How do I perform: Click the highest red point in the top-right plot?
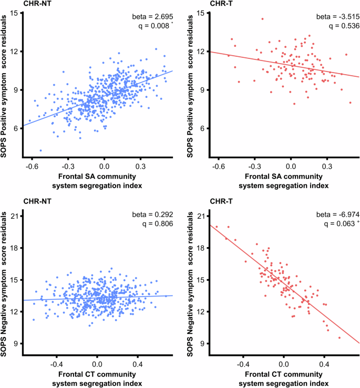pyautogui.click(x=262, y=19)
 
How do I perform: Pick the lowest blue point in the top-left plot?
pyautogui.click(x=40, y=150)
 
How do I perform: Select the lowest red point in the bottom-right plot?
pyautogui.click(x=339, y=338)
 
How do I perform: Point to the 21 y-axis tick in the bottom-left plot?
pyautogui.click(x=16, y=216)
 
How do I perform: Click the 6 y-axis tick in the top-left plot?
pyautogui.click(x=16, y=128)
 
